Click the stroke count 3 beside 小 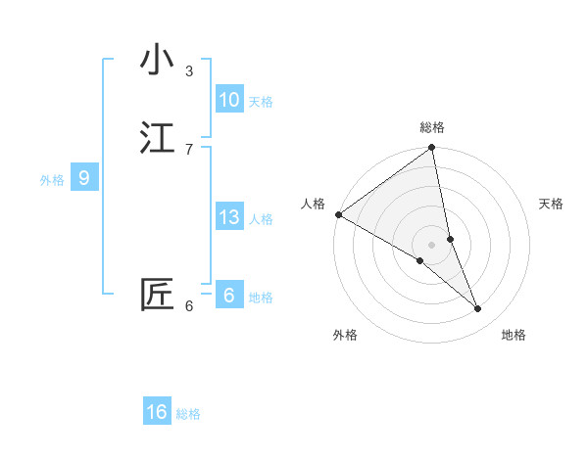pos(189,70)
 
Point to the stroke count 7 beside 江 pos(189,149)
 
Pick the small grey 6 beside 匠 pos(189,306)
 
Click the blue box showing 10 pos(229,100)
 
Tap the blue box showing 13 pos(229,217)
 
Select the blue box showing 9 pos(84,178)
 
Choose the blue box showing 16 pos(157,412)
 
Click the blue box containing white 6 pos(229,296)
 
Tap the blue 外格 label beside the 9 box pos(52,180)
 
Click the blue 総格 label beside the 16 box pos(188,414)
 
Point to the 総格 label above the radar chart pos(432,127)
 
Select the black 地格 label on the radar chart pos(514,335)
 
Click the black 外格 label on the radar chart pos(345,335)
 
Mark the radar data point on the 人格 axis pos(338,214)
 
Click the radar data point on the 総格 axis pos(432,149)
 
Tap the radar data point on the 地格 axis pos(478,308)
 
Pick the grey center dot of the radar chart pos(432,244)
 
